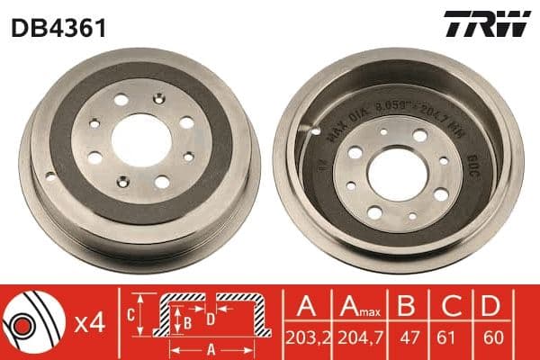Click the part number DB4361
[x=59, y=27]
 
